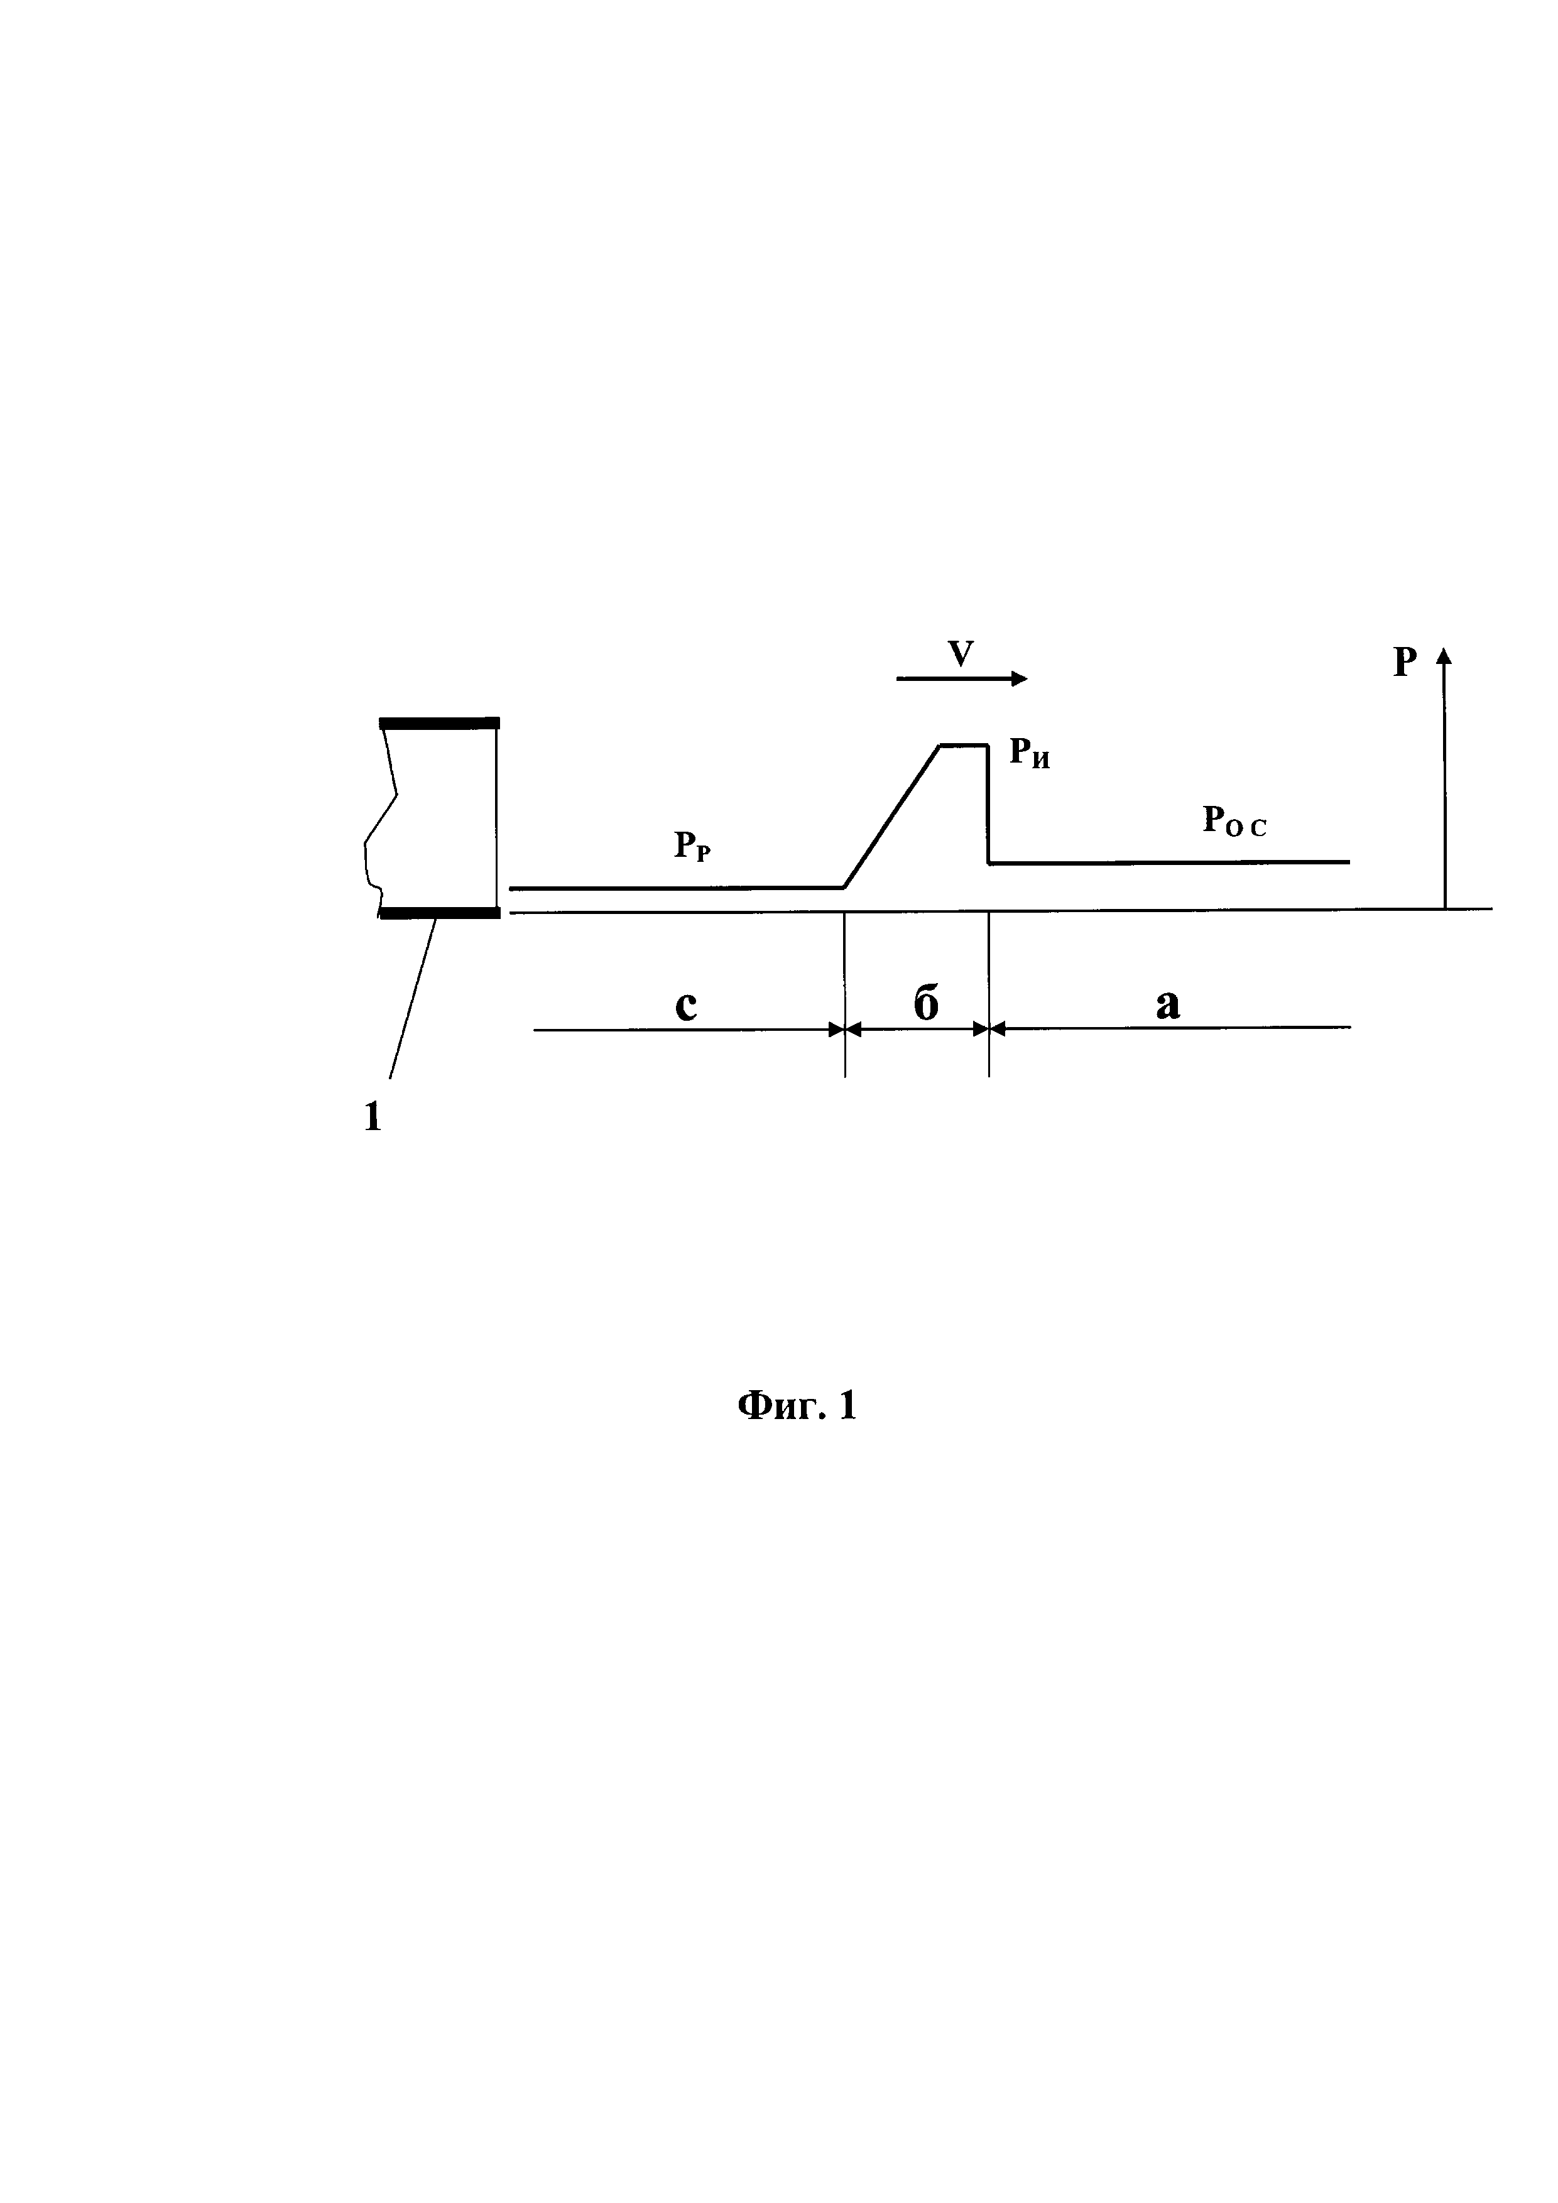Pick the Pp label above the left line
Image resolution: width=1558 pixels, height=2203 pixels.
coord(692,846)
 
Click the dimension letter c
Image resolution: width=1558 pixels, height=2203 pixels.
coord(686,1004)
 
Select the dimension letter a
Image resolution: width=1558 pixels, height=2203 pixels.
coord(1167,1004)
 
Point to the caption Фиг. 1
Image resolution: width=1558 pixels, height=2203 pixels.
coord(796,1406)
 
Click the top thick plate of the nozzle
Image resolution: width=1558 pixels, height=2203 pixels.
coord(439,724)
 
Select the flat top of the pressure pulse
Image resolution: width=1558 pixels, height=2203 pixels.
coord(963,744)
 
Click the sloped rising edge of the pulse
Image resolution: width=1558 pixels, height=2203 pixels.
coord(891,817)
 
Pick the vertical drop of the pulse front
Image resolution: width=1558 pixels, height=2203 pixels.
coord(988,804)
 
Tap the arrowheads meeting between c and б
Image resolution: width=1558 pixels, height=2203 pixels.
coord(845,1030)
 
